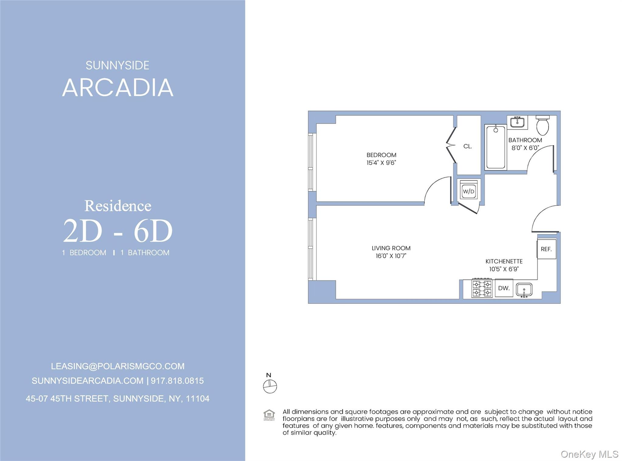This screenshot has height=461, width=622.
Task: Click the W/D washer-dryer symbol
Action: [x=468, y=191]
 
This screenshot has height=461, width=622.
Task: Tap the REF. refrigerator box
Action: [x=546, y=249]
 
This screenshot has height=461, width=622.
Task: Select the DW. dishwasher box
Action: [x=504, y=288]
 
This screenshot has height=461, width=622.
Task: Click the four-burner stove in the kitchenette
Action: [x=482, y=288]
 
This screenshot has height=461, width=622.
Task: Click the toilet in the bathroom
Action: [x=543, y=125]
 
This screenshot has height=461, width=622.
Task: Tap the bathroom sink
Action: [x=517, y=122]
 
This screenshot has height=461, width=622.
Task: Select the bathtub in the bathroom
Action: [x=496, y=148]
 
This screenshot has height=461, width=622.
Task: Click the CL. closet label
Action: [x=468, y=146]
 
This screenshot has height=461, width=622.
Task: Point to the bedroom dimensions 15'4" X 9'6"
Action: [x=381, y=163]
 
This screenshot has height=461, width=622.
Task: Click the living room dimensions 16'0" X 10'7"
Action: [x=391, y=256]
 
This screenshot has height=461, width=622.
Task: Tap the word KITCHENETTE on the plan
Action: [x=504, y=261]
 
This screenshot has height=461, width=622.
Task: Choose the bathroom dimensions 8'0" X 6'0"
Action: [x=525, y=148]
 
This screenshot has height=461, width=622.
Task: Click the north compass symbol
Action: [x=270, y=386]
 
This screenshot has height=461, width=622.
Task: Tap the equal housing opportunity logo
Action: [x=269, y=415]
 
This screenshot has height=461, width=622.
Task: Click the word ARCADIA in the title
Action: [x=118, y=88]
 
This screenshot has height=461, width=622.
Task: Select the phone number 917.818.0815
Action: [x=177, y=381]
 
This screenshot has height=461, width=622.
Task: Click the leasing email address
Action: [x=118, y=366]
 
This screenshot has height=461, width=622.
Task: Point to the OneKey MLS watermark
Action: [x=589, y=454]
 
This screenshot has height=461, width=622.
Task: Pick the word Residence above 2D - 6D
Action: [x=118, y=206]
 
